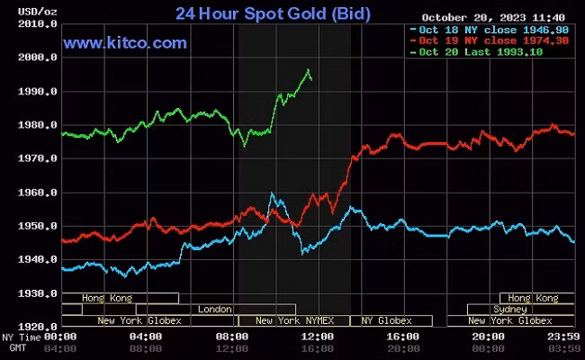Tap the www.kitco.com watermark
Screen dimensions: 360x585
125,42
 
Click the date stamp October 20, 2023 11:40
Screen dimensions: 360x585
491,16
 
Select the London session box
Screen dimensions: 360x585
214,309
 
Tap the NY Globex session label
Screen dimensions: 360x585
386,320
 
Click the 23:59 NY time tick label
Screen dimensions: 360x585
563,337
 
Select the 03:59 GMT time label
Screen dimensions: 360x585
563,347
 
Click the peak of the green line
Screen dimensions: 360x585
309,69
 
